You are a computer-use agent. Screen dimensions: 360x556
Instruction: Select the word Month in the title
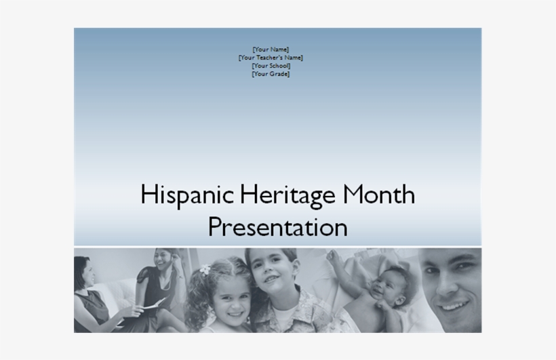coord(378,196)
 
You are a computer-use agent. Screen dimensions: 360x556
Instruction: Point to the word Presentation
coord(277,227)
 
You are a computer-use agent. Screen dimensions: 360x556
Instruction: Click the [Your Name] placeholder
coord(271,49)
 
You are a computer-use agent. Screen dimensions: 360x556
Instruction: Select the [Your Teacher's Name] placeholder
coord(271,58)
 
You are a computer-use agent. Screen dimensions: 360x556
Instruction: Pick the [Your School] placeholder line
coord(271,66)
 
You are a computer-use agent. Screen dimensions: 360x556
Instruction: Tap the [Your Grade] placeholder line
coord(271,74)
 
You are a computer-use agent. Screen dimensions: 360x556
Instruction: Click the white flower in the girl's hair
coord(205,270)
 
